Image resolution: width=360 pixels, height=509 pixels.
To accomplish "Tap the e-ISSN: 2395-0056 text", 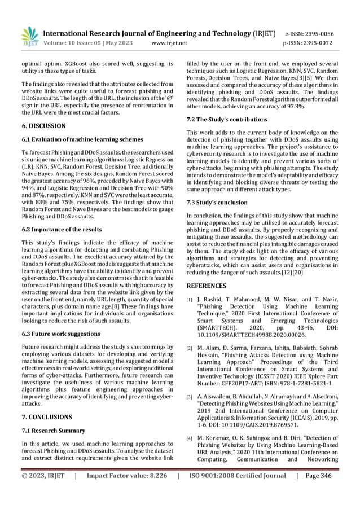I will pos(317,33).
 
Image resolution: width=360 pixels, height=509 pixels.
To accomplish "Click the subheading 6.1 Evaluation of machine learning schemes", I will pos(81,139).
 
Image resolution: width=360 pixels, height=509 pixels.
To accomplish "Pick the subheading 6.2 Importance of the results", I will pos(62,230).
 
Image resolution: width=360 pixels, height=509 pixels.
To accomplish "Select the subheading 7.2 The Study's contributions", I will pos(227,120).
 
